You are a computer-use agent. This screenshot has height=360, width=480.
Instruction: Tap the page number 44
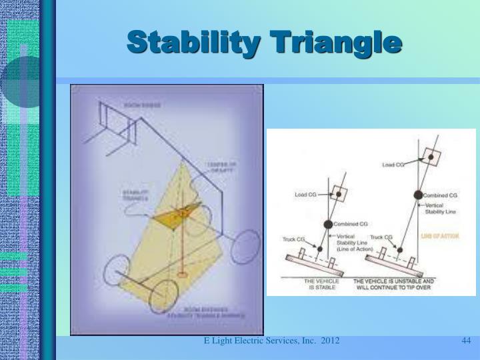click(x=466, y=341)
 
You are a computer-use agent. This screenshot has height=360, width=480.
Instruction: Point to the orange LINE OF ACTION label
click(x=441, y=236)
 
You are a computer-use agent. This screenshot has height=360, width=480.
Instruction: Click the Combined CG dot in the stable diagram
click(x=328, y=225)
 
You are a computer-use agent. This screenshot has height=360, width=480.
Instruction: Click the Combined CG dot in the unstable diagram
click(x=418, y=195)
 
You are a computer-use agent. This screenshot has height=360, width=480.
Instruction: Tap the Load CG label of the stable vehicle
click(x=307, y=195)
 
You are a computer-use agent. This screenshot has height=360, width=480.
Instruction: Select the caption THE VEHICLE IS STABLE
click(x=322, y=285)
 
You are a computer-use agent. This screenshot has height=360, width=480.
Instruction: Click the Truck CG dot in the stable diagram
click(x=319, y=249)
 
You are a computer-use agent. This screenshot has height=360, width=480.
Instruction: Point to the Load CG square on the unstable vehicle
click(x=431, y=157)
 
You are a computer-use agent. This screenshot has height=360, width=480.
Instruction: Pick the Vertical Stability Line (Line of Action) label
click(x=350, y=243)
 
